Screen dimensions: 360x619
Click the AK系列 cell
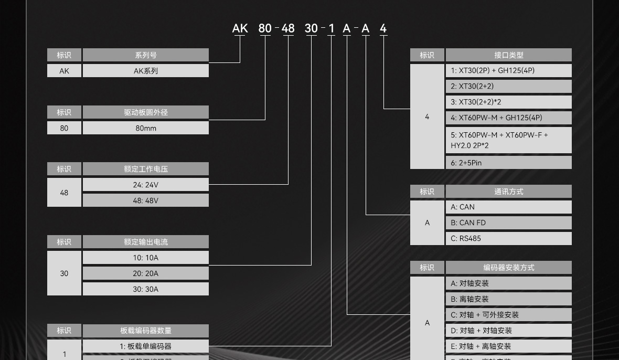145,71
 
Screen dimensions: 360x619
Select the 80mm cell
145,128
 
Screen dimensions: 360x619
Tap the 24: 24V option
145,185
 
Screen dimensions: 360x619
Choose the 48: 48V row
145,200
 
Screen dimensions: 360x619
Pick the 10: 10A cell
145,258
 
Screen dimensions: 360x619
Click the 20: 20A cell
145,273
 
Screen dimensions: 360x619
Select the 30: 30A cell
145,289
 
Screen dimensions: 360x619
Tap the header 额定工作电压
145,169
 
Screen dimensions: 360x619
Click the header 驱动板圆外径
145,112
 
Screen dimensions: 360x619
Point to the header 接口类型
508,55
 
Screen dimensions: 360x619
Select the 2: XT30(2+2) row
508,86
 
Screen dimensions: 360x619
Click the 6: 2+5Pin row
508,163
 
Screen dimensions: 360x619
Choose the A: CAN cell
508,207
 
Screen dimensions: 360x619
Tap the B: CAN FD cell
508,223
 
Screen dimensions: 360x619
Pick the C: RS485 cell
508,238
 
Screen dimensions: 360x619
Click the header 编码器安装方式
508,268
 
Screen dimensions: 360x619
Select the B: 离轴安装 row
508,299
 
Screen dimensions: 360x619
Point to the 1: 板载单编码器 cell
145,346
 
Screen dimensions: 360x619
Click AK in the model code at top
240,28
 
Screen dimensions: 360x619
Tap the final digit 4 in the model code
383,28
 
